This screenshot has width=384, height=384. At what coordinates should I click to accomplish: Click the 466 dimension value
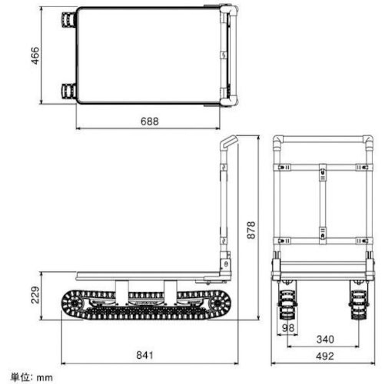[35, 55]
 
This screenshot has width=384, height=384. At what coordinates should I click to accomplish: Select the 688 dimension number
[150, 121]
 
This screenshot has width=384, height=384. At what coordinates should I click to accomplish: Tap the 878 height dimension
[251, 230]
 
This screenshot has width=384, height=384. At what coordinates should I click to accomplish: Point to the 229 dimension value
[35, 295]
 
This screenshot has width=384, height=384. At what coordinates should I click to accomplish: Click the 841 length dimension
[145, 355]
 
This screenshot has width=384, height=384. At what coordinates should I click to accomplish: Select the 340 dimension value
[325, 339]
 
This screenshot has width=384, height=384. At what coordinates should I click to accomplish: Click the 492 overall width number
[325, 356]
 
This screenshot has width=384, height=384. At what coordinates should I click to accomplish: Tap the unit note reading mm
[45, 377]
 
